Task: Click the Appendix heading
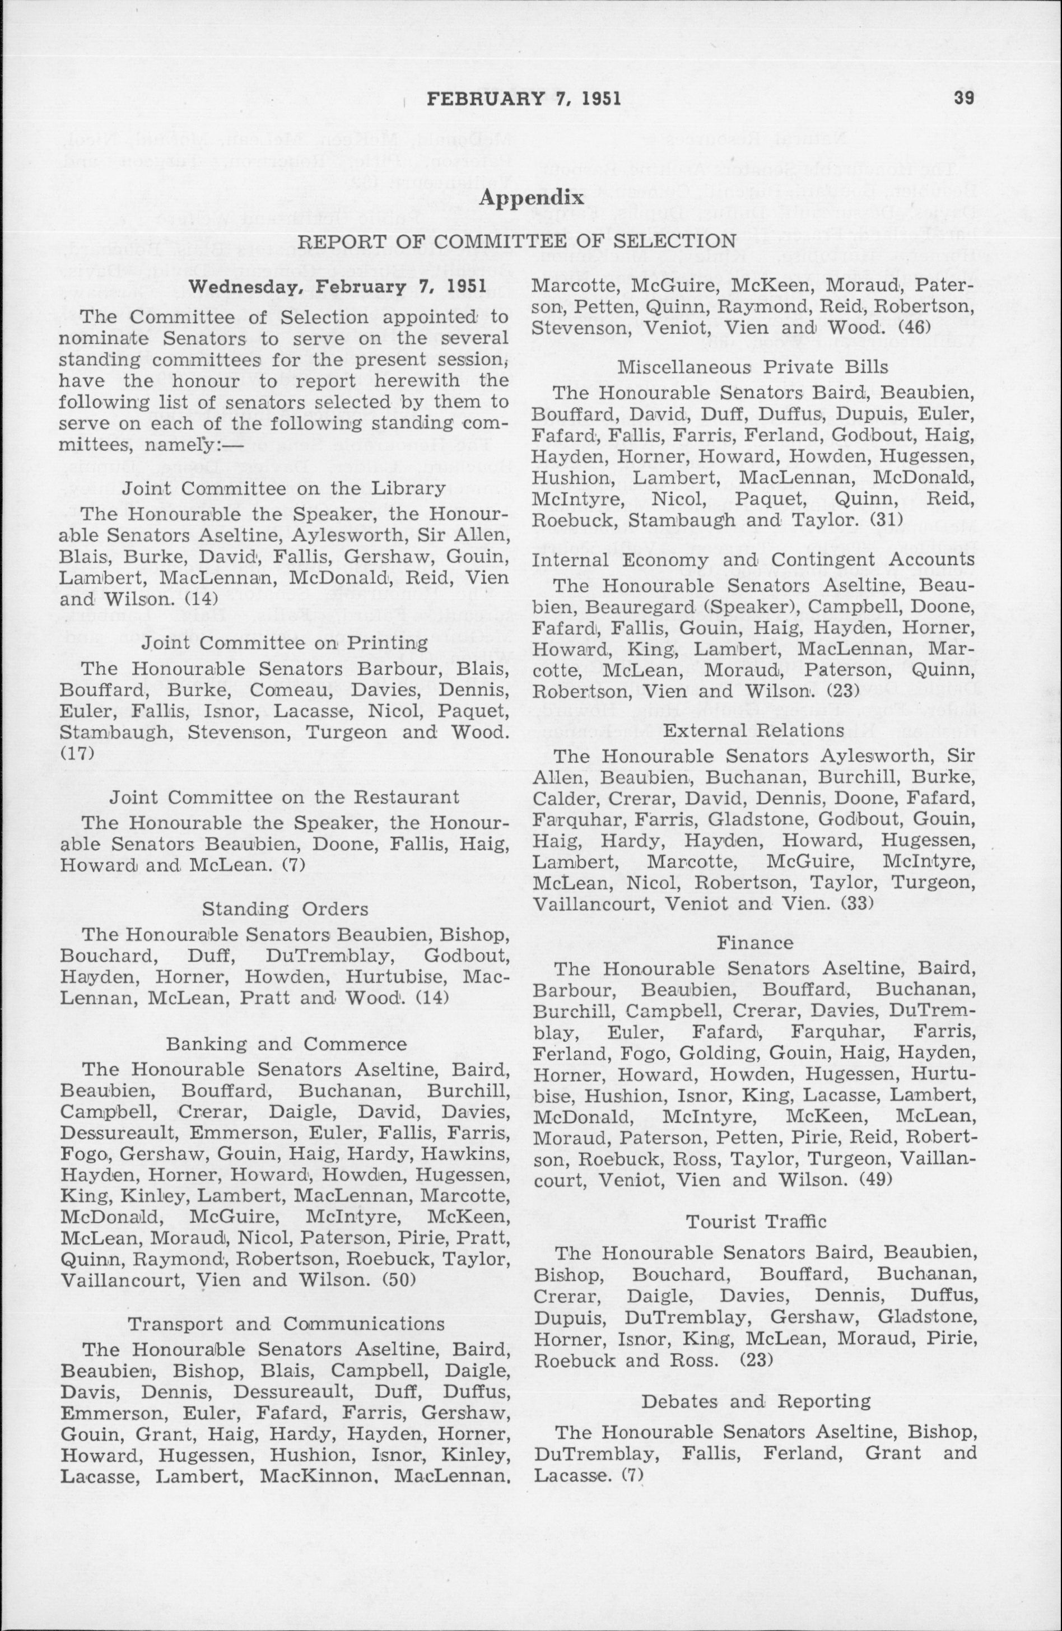(532, 199)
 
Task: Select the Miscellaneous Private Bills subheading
(754, 367)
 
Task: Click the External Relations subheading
(754, 730)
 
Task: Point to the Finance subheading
(755, 943)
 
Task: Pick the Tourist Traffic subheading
(756, 1221)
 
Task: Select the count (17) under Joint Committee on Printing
(72, 754)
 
